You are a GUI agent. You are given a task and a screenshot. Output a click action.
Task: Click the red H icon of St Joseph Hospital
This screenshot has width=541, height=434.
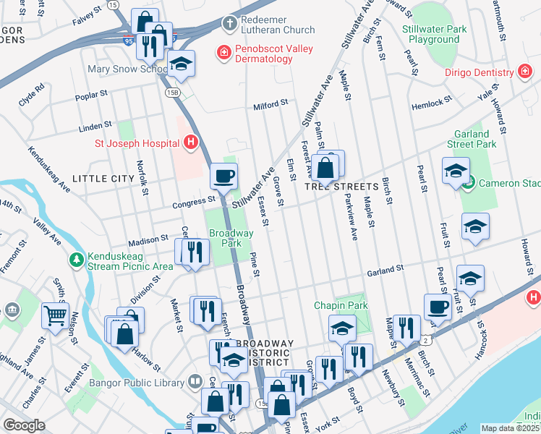(x=191, y=142)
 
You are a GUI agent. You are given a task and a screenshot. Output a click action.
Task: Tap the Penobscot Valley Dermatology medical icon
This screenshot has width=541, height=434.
(x=224, y=52)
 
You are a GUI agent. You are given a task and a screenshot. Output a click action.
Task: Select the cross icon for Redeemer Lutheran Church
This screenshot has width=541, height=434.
(x=229, y=23)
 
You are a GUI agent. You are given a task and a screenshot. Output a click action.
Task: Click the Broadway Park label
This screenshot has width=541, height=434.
(x=231, y=238)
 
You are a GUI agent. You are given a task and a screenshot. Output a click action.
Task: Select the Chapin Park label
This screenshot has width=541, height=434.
(x=341, y=305)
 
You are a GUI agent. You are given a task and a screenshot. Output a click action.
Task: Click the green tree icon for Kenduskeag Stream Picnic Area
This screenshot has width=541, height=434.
(x=76, y=259)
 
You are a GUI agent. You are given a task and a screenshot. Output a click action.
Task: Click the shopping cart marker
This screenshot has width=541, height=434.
(x=55, y=315)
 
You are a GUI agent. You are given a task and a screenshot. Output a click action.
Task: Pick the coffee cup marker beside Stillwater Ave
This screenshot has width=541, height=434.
(x=223, y=175)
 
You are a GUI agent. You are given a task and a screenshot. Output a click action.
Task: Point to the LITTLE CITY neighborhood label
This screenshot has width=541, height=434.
(x=103, y=178)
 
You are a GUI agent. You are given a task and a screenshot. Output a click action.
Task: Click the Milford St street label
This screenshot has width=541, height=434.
(x=270, y=105)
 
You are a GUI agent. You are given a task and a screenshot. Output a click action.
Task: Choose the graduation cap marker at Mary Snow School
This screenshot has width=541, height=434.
(x=181, y=64)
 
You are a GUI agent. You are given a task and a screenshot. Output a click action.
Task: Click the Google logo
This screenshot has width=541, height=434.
(x=24, y=425)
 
